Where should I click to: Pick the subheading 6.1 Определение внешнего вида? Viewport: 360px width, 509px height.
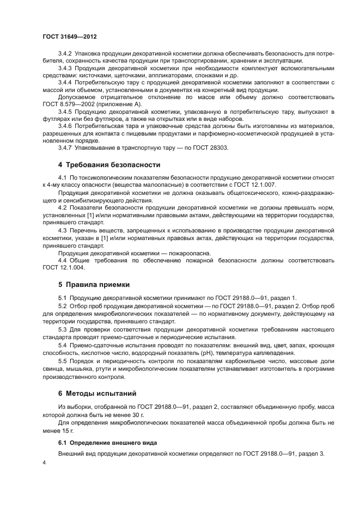click(x=107, y=443)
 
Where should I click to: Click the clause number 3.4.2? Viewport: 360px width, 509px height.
click(x=65, y=54)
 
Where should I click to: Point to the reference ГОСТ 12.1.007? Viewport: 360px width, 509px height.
click(x=256, y=185)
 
